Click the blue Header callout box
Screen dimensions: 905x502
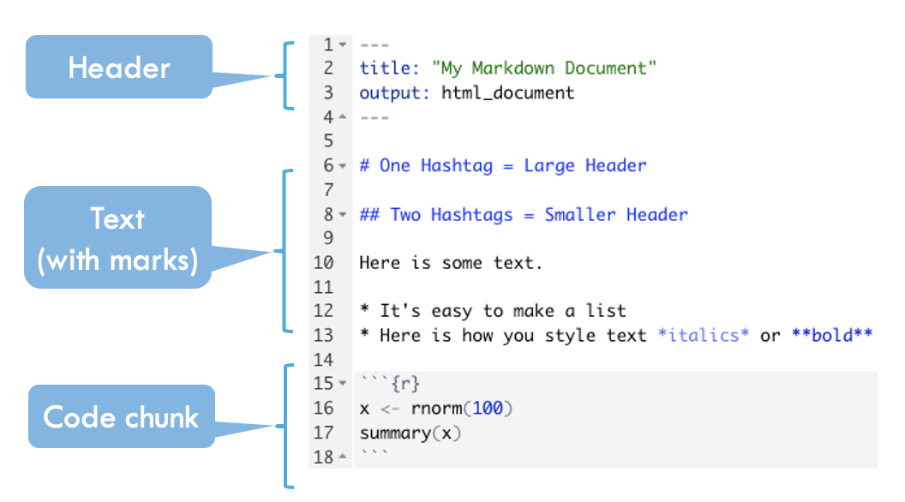(x=119, y=67)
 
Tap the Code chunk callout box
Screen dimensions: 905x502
(x=122, y=416)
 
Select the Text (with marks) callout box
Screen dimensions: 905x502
(x=117, y=237)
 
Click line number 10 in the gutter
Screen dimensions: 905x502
(x=323, y=263)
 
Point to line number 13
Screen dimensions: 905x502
(x=323, y=335)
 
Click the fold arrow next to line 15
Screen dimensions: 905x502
(x=343, y=383)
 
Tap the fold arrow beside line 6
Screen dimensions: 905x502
(x=343, y=165)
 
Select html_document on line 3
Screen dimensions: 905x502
(x=508, y=93)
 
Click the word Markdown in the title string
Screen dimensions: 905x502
(x=513, y=68)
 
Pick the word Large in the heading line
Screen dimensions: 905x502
(x=548, y=166)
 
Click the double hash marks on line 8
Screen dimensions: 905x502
(x=369, y=215)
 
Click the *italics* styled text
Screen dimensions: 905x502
(x=704, y=335)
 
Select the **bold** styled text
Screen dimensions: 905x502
(x=831, y=335)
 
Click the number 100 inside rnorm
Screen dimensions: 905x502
(x=488, y=409)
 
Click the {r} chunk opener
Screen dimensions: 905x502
(x=405, y=384)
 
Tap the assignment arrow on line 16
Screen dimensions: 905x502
(x=390, y=409)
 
